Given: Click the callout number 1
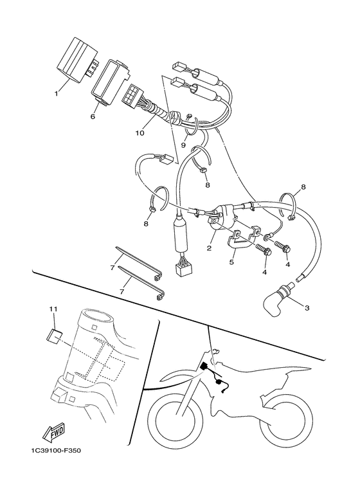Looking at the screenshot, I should tap(56, 93).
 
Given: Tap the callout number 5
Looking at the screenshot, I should tap(232, 263).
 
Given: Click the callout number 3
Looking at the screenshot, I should tap(307, 309).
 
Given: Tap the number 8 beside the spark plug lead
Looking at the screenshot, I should tap(303, 187).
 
